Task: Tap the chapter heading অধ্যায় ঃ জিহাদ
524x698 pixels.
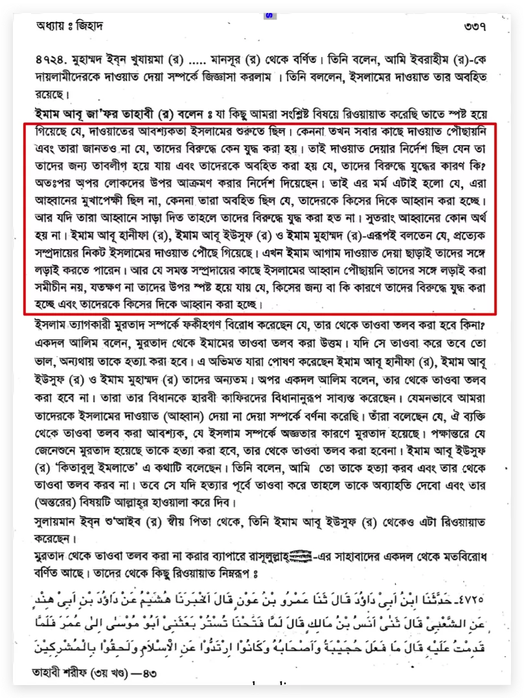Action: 70,26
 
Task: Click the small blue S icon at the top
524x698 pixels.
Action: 269,15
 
